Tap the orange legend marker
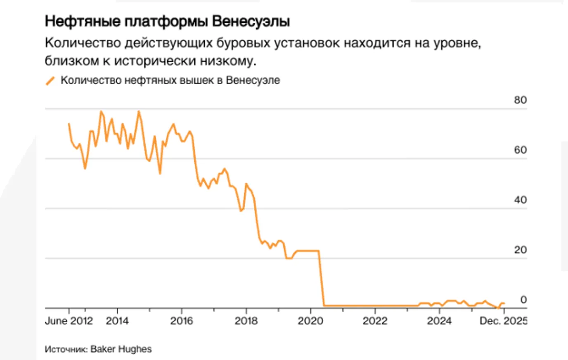point(50,81)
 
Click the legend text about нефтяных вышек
point(170,80)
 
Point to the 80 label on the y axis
point(520,100)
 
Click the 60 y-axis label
point(520,150)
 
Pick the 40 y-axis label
point(520,200)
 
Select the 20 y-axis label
point(520,250)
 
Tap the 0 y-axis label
point(523,300)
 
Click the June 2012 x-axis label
point(69,321)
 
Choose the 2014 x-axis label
point(117,321)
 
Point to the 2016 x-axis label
point(182,321)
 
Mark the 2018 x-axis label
point(246,321)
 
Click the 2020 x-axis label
point(310,321)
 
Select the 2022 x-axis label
point(375,321)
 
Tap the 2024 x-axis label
point(439,321)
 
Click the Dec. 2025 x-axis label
point(503,321)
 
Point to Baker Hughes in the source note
point(121,349)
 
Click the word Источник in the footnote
point(66,349)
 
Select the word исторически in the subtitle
point(155,61)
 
